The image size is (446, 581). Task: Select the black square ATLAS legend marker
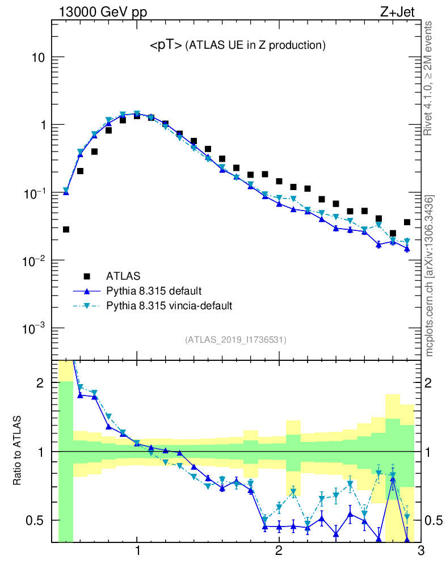pyautogui.click(x=87, y=276)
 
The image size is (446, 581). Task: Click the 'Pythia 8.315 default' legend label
pyautogui.click(x=154, y=291)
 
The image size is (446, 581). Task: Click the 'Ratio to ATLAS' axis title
pyautogui.click(x=18, y=451)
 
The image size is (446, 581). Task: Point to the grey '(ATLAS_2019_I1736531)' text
pyautogui.click(x=235, y=340)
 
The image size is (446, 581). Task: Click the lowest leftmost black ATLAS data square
pyautogui.click(x=66, y=229)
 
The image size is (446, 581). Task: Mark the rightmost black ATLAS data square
pyautogui.click(x=407, y=222)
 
